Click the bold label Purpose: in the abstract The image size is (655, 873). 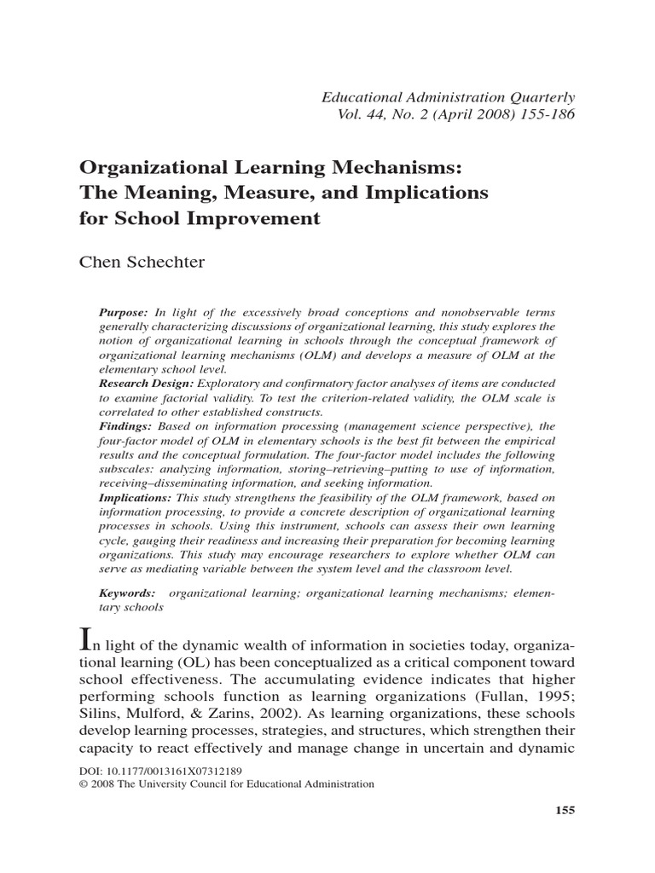(124, 312)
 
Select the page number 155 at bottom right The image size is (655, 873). (565, 810)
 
